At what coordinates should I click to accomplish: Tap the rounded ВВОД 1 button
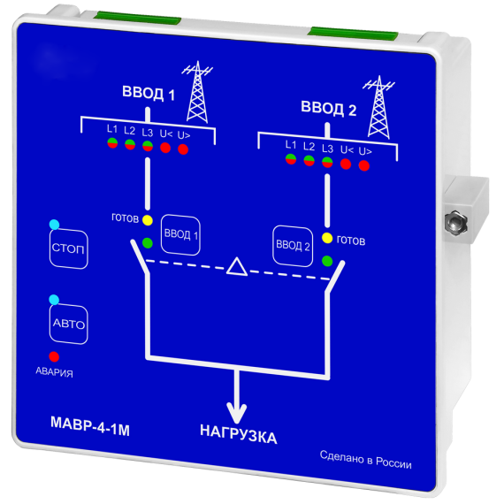pos(180,235)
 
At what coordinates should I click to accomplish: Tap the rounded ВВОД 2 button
pos(293,246)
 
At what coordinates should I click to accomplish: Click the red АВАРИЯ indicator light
pos(54,356)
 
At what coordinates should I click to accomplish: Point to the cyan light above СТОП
pos(54,225)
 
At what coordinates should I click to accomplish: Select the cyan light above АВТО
pos(54,300)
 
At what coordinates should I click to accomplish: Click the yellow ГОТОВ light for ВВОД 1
pos(147,220)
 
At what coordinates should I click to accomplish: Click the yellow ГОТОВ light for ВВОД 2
pos(327,238)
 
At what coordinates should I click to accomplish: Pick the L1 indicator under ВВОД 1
pos(112,142)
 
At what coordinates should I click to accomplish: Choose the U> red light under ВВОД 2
pos(364,165)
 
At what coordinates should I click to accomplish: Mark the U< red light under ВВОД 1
pos(165,148)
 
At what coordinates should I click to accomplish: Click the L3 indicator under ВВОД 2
pos(327,162)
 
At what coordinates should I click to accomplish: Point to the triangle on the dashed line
pos(237,266)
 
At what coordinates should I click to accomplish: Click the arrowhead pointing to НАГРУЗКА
pos(237,413)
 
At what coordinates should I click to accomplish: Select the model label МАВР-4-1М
pos(90,426)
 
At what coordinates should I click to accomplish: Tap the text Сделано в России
pos(366,460)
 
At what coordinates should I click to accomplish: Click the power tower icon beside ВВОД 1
pos(197,92)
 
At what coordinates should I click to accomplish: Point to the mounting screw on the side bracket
pos(455,222)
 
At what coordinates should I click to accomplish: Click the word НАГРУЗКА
pos(238,434)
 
